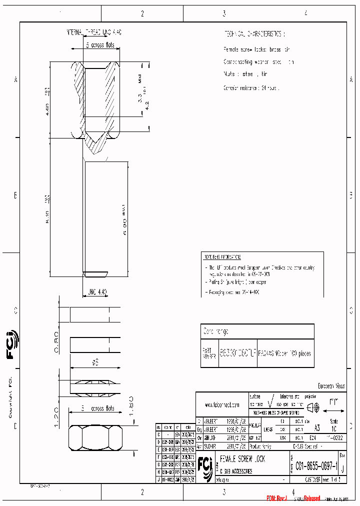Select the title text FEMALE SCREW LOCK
[x=242, y=459]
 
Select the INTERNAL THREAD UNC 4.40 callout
[x=94, y=32]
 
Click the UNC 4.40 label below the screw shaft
[x=96, y=291]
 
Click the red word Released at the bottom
[x=308, y=498]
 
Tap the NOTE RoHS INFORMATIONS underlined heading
[x=222, y=257]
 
